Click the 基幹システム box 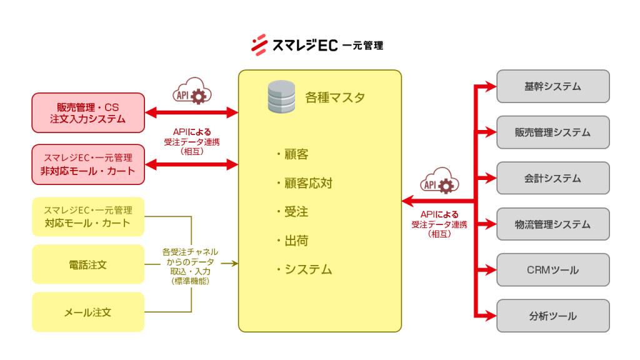click(552, 86)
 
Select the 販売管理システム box click(552, 132)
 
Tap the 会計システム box click(552, 178)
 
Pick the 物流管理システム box click(552, 224)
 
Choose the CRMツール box click(552, 270)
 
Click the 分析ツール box click(552, 316)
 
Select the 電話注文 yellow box click(88, 264)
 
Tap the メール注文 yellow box click(88, 312)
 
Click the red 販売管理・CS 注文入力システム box click(88, 112)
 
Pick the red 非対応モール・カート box click(88, 164)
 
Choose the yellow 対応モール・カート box click(88, 217)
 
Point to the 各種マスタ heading click(334, 98)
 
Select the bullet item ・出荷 click(292, 241)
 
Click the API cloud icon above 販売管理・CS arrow click(191, 91)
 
